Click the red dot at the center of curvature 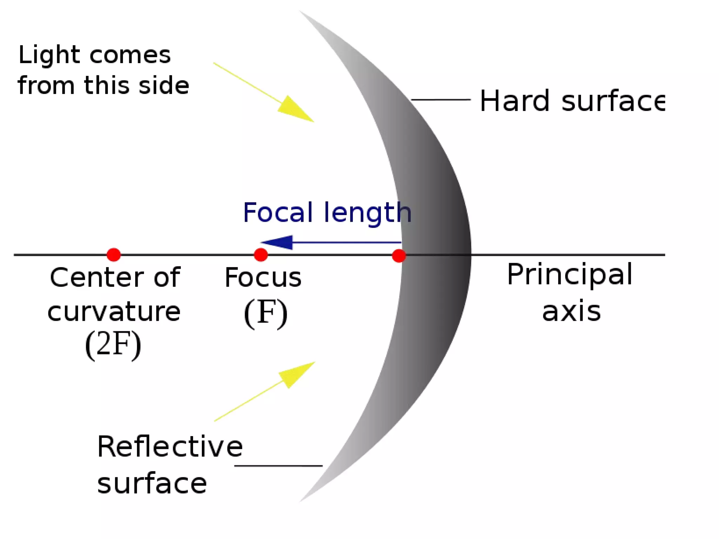click(114, 255)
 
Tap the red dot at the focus click(260, 255)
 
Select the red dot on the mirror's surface click(399, 255)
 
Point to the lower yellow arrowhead click(297, 374)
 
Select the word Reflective click(170, 447)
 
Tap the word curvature click(114, 312)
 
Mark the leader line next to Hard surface click(441, 100)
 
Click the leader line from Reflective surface click(278, 466)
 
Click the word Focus click(263, 278)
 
